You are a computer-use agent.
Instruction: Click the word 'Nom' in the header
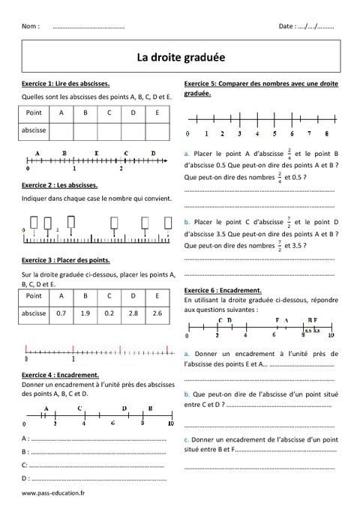tap(31, 25)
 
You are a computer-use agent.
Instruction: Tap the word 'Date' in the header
tap(286, 25)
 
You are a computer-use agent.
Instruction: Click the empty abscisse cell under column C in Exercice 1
tap(109, 130)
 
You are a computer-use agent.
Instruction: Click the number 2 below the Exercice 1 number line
tap(121, 169)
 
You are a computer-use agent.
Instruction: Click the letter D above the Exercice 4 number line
tap(124, 408)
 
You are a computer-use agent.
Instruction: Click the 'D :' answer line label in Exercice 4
tap(26, 478)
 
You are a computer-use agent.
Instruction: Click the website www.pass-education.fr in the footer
tap(54, 493)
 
